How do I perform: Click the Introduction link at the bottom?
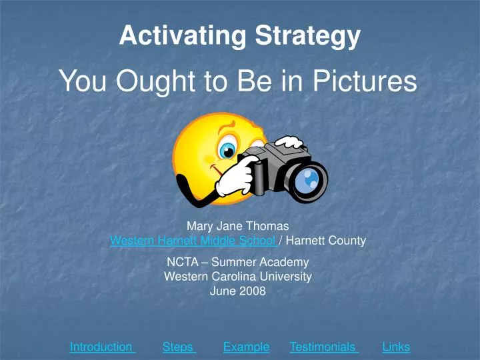point(102,347)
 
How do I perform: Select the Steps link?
point(178,347)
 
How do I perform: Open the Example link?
point(246,347)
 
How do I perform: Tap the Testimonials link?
point(323,347)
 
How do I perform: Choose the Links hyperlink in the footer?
point(396,347)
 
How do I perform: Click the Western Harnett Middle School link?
point(193,241)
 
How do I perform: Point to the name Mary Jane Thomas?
point(238,227)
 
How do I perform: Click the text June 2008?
point(238,291)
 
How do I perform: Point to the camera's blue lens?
point(308,180)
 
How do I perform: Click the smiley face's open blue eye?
point(229,149)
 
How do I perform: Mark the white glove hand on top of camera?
point(289,142)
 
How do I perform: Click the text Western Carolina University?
point(238,276)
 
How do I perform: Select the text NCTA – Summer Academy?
point(238,262)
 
